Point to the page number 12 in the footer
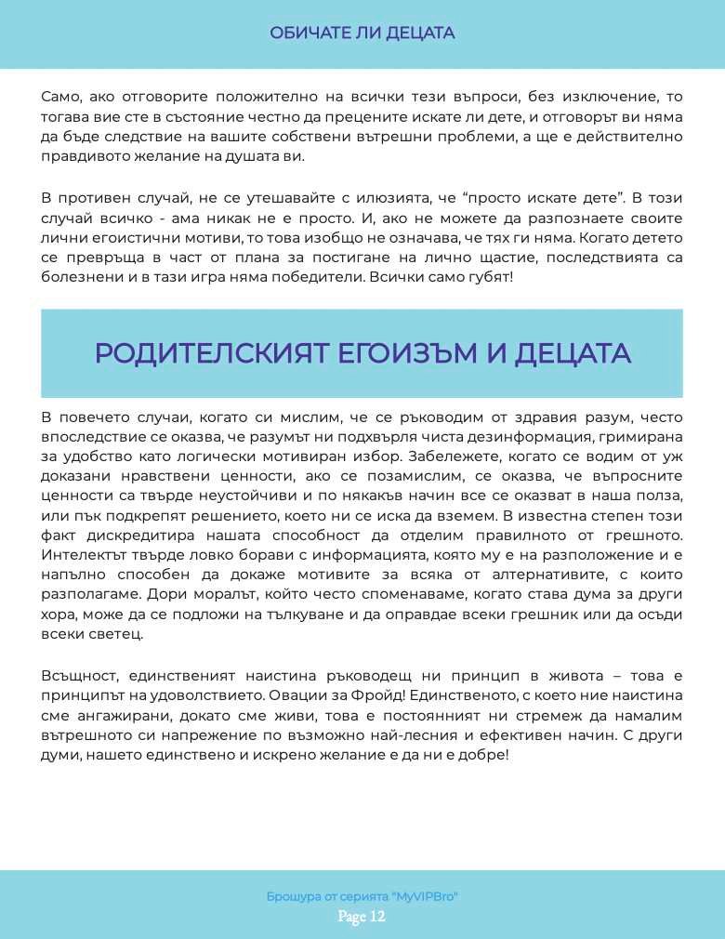(376, 918)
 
